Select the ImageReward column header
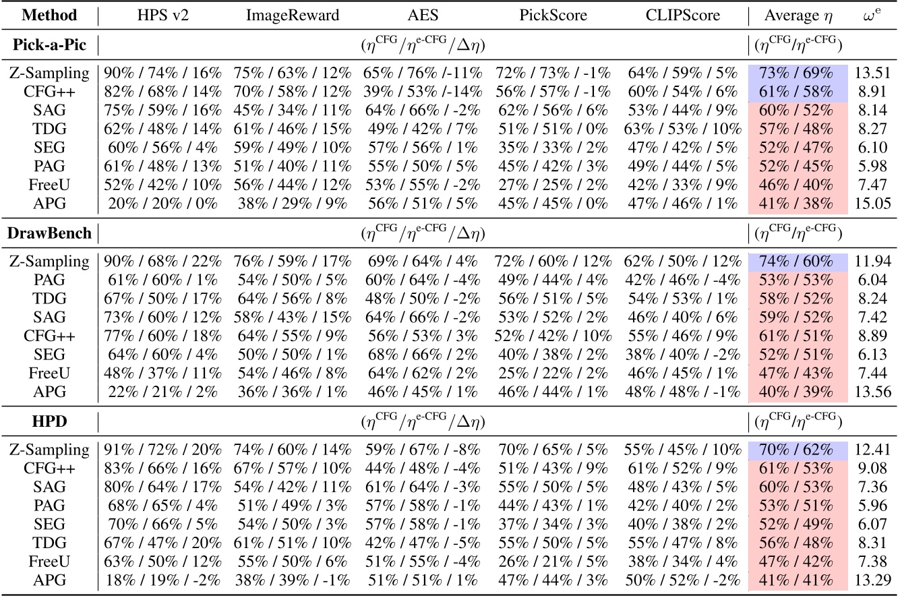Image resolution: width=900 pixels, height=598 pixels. [x=292, y=15]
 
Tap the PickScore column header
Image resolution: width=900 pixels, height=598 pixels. [x=553, y=15]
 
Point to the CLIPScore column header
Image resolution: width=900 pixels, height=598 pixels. [x=682, y=15]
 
